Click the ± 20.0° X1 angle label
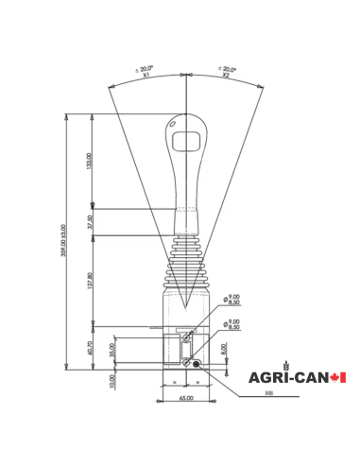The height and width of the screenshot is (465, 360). [145, 71]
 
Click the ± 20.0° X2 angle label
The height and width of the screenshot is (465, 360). [228, 71]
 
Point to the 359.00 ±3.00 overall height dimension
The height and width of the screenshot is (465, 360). [63, 242]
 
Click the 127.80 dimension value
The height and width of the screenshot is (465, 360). [90, 283]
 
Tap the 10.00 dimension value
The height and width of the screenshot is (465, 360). [112, 382]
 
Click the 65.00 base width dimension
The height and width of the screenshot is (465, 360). [186, 398]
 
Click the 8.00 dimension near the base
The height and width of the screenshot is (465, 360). [224, 349]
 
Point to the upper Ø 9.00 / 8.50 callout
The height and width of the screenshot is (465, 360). [232, 300]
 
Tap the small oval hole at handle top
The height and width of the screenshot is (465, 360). [175, 122]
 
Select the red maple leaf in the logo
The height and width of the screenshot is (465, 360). [338, 377]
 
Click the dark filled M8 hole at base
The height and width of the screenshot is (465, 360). [197, 363]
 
